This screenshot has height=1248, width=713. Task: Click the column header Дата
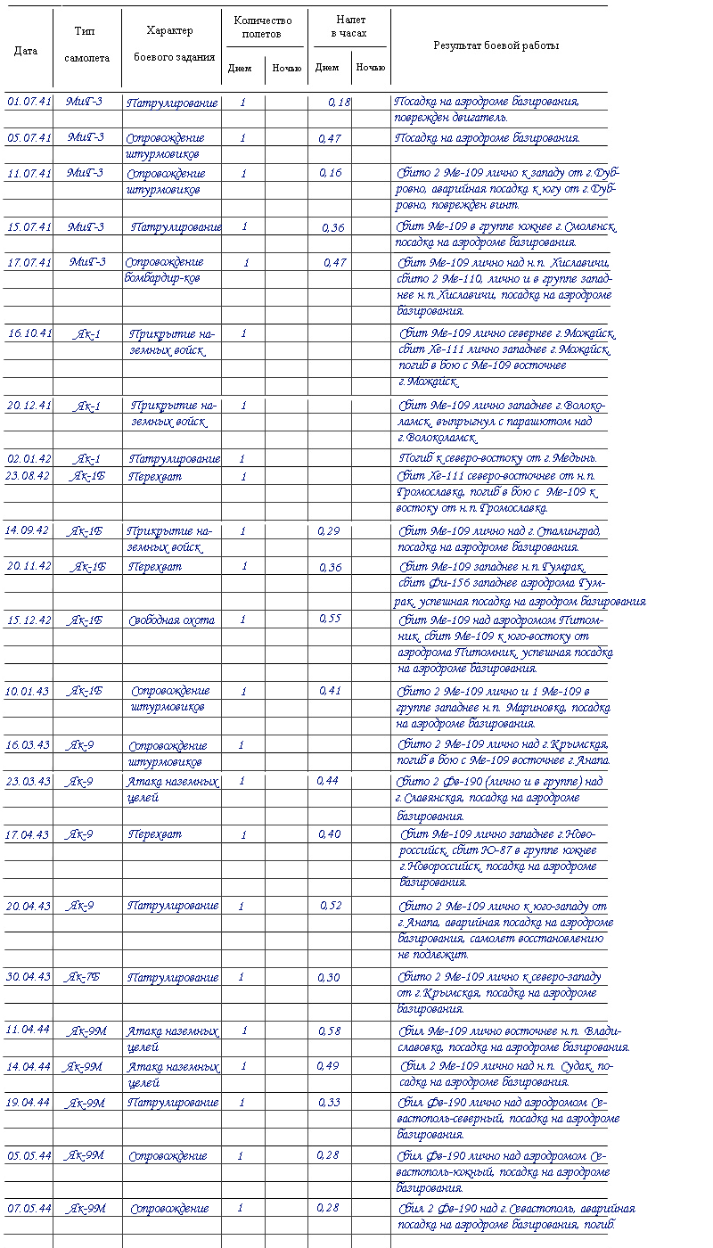click(26, 51)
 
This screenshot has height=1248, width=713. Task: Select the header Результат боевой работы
click(496, 45)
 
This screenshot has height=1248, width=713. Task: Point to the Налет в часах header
click(350, 27)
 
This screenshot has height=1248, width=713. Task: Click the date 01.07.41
click(29, 102)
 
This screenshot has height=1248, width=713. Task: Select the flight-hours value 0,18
click(339, 103)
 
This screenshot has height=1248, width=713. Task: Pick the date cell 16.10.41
click(30, 333)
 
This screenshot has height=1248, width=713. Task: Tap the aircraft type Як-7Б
click(84, 977)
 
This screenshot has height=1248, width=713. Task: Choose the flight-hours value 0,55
click(330, 619)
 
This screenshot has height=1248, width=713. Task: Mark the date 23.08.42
click(29, 476)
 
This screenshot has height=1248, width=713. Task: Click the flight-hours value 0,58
click(330, 1030)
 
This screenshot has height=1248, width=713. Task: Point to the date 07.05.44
click(29, 1209)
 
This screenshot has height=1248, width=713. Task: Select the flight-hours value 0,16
click(330, 173)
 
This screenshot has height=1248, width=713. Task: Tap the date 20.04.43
click(29, 906)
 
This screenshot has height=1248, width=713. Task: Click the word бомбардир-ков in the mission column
click(162, 278)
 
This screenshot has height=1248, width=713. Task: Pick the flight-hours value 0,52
click(332, 906)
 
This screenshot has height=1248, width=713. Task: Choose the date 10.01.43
click(29, 691)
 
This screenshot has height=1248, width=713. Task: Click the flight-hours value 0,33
click(330, 1103)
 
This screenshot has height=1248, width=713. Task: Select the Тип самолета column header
click(87, 44)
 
